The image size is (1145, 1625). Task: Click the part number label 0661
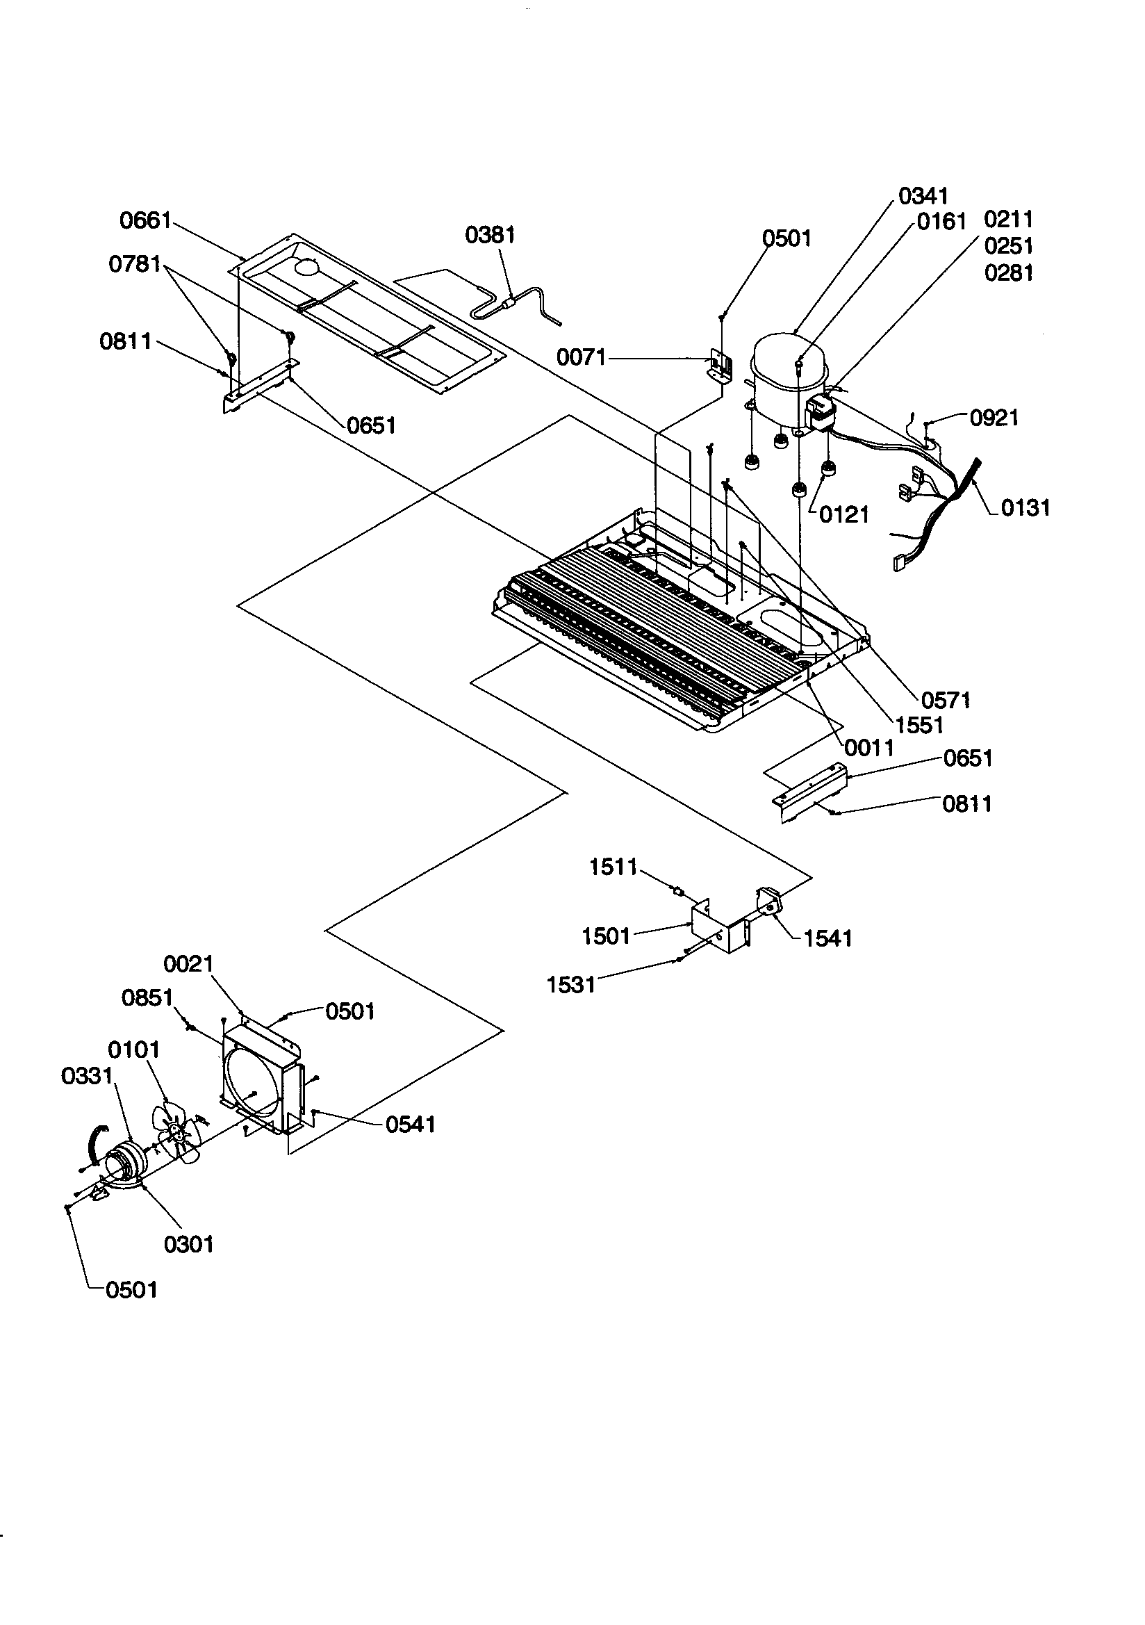click(145, 220)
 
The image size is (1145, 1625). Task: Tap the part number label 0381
click(490, 235)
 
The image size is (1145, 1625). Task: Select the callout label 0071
click(581, 357)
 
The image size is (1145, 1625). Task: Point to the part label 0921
click(994, 418)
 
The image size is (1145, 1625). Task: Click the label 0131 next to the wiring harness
click(1025, 507)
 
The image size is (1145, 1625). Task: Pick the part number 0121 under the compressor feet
click(843, 514)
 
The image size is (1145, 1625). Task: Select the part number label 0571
click(946, 700)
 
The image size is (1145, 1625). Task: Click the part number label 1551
click(919, 725)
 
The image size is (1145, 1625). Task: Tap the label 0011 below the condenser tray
click(870, 747)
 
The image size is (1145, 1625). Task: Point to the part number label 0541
click(411, 1124)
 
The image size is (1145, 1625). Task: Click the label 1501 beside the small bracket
click(606, 936)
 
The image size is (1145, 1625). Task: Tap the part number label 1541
click(828, 938)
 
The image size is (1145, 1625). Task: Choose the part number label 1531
click(571, 984)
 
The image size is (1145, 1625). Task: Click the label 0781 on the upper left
click(135, 264)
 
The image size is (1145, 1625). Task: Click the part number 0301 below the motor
click(188, 1244)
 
